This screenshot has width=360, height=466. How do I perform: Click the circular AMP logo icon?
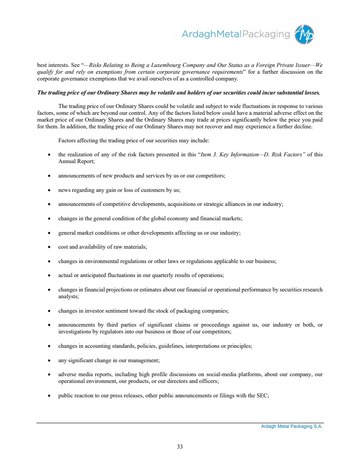pos(305,34)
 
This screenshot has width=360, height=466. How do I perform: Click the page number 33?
pos(180,446)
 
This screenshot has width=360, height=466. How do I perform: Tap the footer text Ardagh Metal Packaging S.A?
pos(292,427)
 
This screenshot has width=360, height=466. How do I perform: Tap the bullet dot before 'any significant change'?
pos(49,361)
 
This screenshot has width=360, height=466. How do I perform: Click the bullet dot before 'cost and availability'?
pos(49,247)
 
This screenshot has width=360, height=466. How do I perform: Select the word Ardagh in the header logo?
pos(198,34)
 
